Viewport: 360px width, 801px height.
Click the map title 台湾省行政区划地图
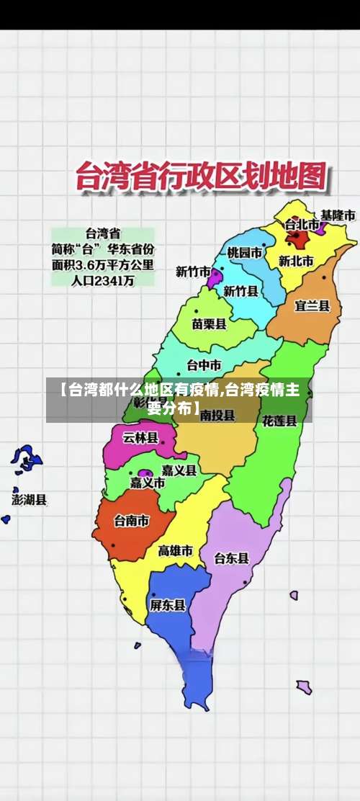pos(201,177)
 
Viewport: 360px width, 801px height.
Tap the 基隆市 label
pos(338,215)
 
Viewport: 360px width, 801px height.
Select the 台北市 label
pos(301,223)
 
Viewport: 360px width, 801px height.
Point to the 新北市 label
pos(296,261)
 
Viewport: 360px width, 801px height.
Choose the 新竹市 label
pos(193,272)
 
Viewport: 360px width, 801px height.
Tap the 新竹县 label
pos(240,291)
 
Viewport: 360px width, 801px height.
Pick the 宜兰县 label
pos(312,305)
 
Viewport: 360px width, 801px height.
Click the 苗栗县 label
pos(209,324)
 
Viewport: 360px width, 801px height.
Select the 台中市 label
pos(204,364)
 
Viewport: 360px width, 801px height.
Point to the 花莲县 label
pos(279,420)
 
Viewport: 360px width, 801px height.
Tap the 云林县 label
pos(140,437)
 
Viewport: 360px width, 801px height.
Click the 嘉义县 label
pos(179,470)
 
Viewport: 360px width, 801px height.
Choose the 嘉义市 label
pos(148,483)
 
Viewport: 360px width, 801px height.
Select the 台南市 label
pos(132,521)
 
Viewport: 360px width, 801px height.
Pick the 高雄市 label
pos(176,551)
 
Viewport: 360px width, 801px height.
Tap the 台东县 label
pos(232,558)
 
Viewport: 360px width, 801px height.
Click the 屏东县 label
pos(168,605)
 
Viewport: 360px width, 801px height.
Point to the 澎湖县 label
pos(30,498)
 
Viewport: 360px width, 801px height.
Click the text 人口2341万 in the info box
pos(103,282)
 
